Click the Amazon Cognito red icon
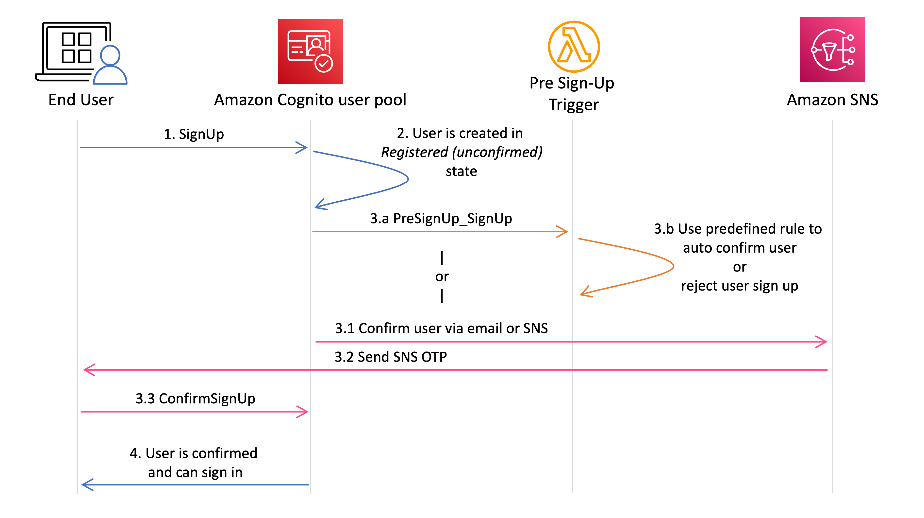point(310,51)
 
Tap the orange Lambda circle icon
point(574,47)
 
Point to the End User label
point(81,100)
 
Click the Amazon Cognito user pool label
point(310,100)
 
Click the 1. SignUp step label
point(194,134)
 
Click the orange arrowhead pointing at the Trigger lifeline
point(563,232)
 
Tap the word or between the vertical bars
point(442,276)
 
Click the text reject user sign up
point(739,286)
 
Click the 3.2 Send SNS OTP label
point(391,357)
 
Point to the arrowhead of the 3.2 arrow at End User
point(88,369)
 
